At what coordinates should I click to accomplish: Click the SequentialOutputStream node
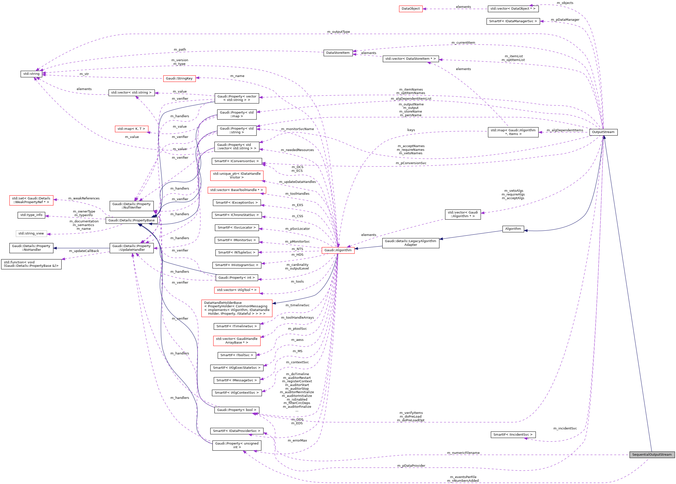tap(652, 454)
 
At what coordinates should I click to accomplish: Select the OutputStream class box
tap(603, 132)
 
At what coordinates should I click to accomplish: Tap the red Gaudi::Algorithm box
tap(338, 250)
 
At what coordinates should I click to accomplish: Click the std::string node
tap(31, 74)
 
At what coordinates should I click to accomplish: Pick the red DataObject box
tap(410, 9)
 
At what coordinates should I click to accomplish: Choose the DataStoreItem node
tap(338, 53)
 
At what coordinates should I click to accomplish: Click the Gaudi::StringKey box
tap(179, 78)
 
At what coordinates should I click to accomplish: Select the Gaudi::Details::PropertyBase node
tap(131, 220)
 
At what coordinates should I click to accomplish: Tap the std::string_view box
tap(31, 233)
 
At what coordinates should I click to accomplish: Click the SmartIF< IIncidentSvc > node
tap(513, 435)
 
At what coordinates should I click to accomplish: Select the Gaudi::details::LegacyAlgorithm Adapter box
tap(410, 243)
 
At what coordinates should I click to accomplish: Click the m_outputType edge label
tap(338, 32)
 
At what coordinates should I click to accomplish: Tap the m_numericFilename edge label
tap(463, 453)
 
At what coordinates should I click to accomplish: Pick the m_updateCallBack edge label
tap(84, 251)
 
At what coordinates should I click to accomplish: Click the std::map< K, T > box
tap(131, 129)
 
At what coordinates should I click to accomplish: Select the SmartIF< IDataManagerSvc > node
tap(513, 21)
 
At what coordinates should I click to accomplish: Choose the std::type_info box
tap(31, 215)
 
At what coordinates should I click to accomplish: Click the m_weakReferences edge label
tap(84, 198)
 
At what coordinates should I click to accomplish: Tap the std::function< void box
tap(31, 264)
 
